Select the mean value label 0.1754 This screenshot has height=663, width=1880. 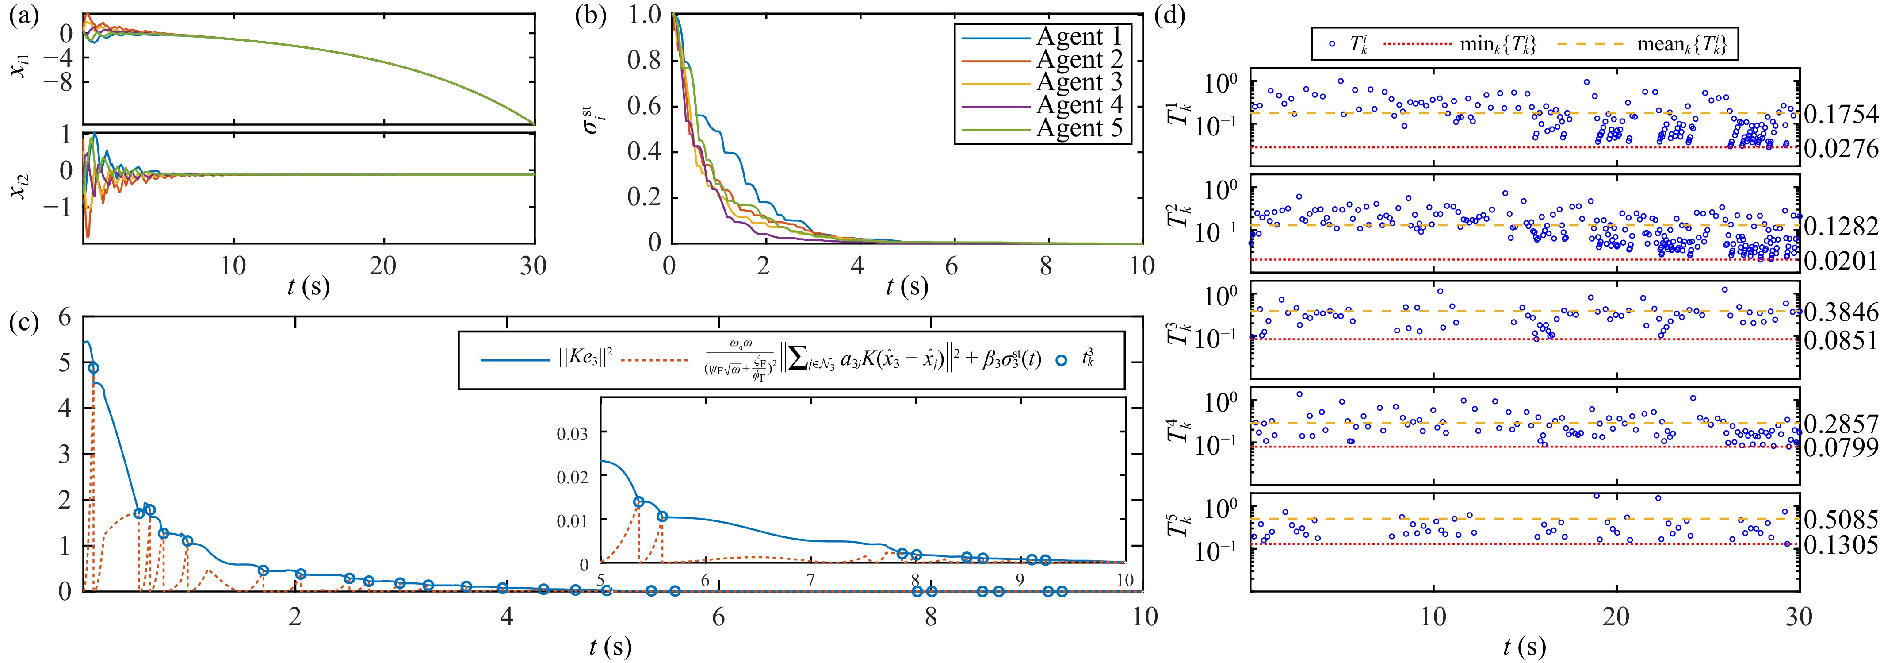tap(1841, 115)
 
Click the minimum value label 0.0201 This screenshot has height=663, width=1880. tap(1841, 261)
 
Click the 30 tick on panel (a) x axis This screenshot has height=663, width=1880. tap(534, 266)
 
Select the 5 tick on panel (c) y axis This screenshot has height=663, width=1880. tap(66, 363)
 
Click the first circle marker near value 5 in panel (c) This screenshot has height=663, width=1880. tap(93, 368)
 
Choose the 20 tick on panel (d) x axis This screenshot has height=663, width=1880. tap(1616, 617)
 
